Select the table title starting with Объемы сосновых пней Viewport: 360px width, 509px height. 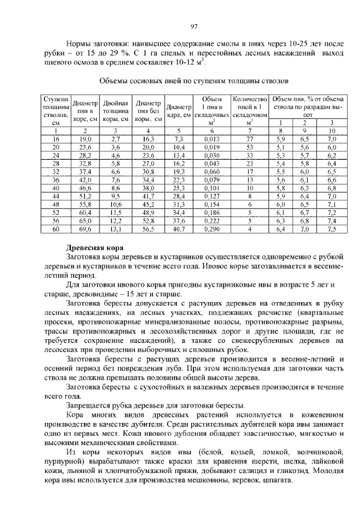pos(194,80)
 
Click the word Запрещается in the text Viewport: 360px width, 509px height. pos(91,405)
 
